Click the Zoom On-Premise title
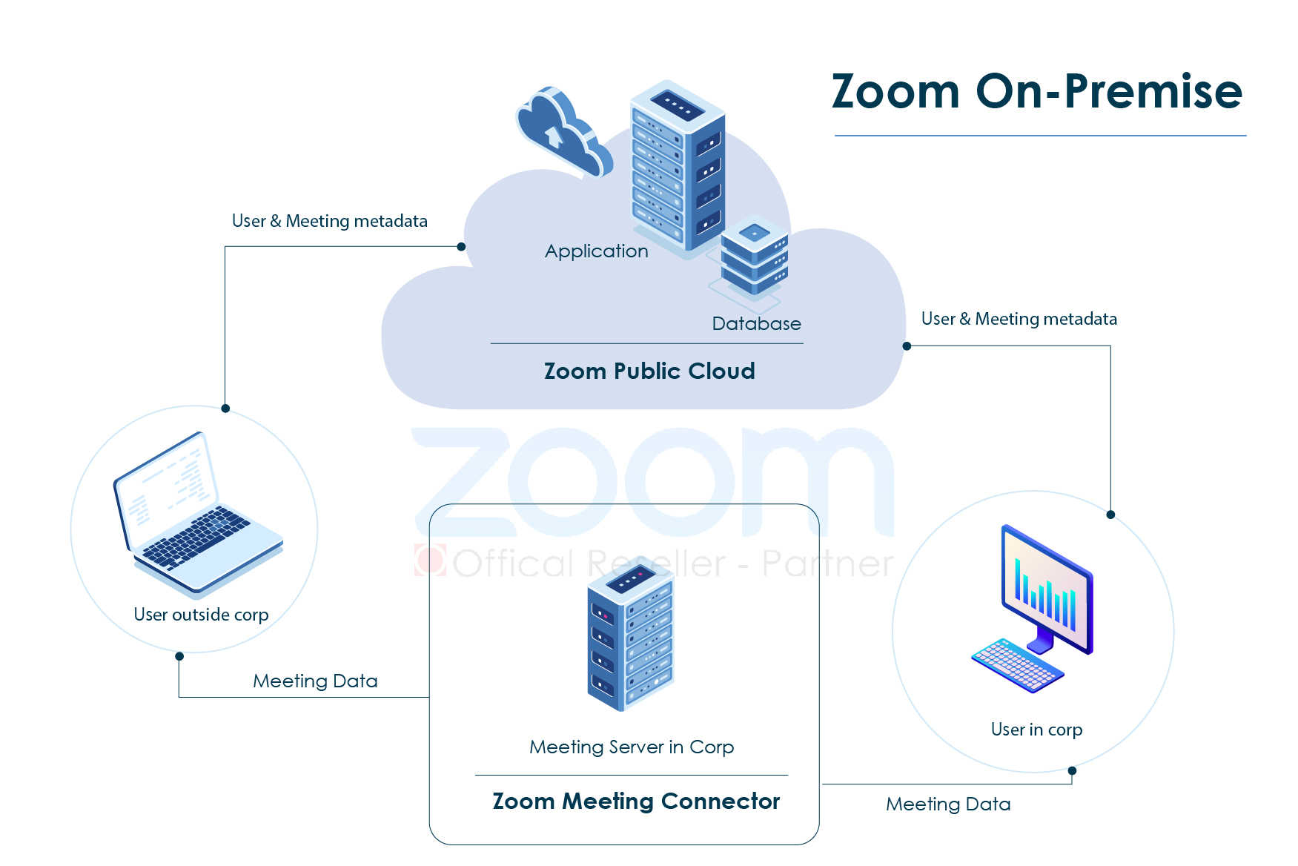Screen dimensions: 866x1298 pyautogui.click(x=1036, y=91)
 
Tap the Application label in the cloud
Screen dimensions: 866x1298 pyautogui.click(x=596, y=251)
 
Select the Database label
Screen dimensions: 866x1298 pyautogui.click(x=756, y=324)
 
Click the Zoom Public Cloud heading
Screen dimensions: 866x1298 pyautogui.click(x=649, y=371)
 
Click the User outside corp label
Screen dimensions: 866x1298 pyautogui.click(x=201, y=615)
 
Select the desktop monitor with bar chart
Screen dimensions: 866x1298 pyautogui.click(x=1047, y=589)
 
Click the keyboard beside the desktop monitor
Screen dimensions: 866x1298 pyautogui.click(x=1016, y=664)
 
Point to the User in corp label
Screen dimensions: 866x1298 pyautogui.click(x=1036, y=730)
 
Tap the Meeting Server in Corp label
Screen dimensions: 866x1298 pyautogui.click(x=632, y=747)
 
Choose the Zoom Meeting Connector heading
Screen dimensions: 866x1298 pyautogui.click(x=636, y=801)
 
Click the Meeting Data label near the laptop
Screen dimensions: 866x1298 pyautogui.click(x=315, y=681)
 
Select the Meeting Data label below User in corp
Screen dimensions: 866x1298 pyautogui.click(x=948, y=804)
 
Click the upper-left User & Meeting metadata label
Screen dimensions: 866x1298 pyautogui.click(x=329, y=221)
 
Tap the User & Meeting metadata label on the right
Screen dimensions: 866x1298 pyautogui.click(x=1019, y=319)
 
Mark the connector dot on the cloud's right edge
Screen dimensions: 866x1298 pyautogui.click(x=907, y=346)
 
